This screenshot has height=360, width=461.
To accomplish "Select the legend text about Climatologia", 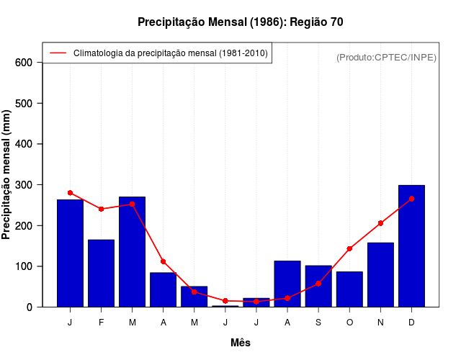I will click(x=171, y=53).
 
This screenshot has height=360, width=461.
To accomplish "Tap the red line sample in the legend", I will click(x=58, y=53).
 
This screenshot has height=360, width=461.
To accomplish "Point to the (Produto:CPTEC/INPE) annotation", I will click(x=386, y=58).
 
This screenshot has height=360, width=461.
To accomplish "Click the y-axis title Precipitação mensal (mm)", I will click(x=7, y=175).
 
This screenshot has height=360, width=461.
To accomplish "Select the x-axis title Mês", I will click(x=241, y=343).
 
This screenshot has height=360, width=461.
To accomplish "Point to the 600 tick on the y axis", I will click(x=24, y=63).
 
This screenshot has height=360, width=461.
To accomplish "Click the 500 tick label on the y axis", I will click(x=24, y=104).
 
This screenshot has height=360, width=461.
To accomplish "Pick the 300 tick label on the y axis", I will click(x=24, y=185).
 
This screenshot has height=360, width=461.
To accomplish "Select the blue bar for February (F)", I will click(x=101, y=274).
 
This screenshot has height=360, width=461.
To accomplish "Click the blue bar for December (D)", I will click(x=411, y=246).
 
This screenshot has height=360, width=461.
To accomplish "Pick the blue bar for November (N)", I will click(x=380, y=275).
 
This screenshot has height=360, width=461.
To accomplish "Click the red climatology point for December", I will click(x=411, y=199).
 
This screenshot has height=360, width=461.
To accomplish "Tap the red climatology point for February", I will click(x=101, y=209).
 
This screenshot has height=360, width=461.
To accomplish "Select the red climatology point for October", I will click(x=349, y=248).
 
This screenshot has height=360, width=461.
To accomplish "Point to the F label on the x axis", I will click(x=101, y=323).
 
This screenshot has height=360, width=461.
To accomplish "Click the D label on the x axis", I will click(x=411, y=323).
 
